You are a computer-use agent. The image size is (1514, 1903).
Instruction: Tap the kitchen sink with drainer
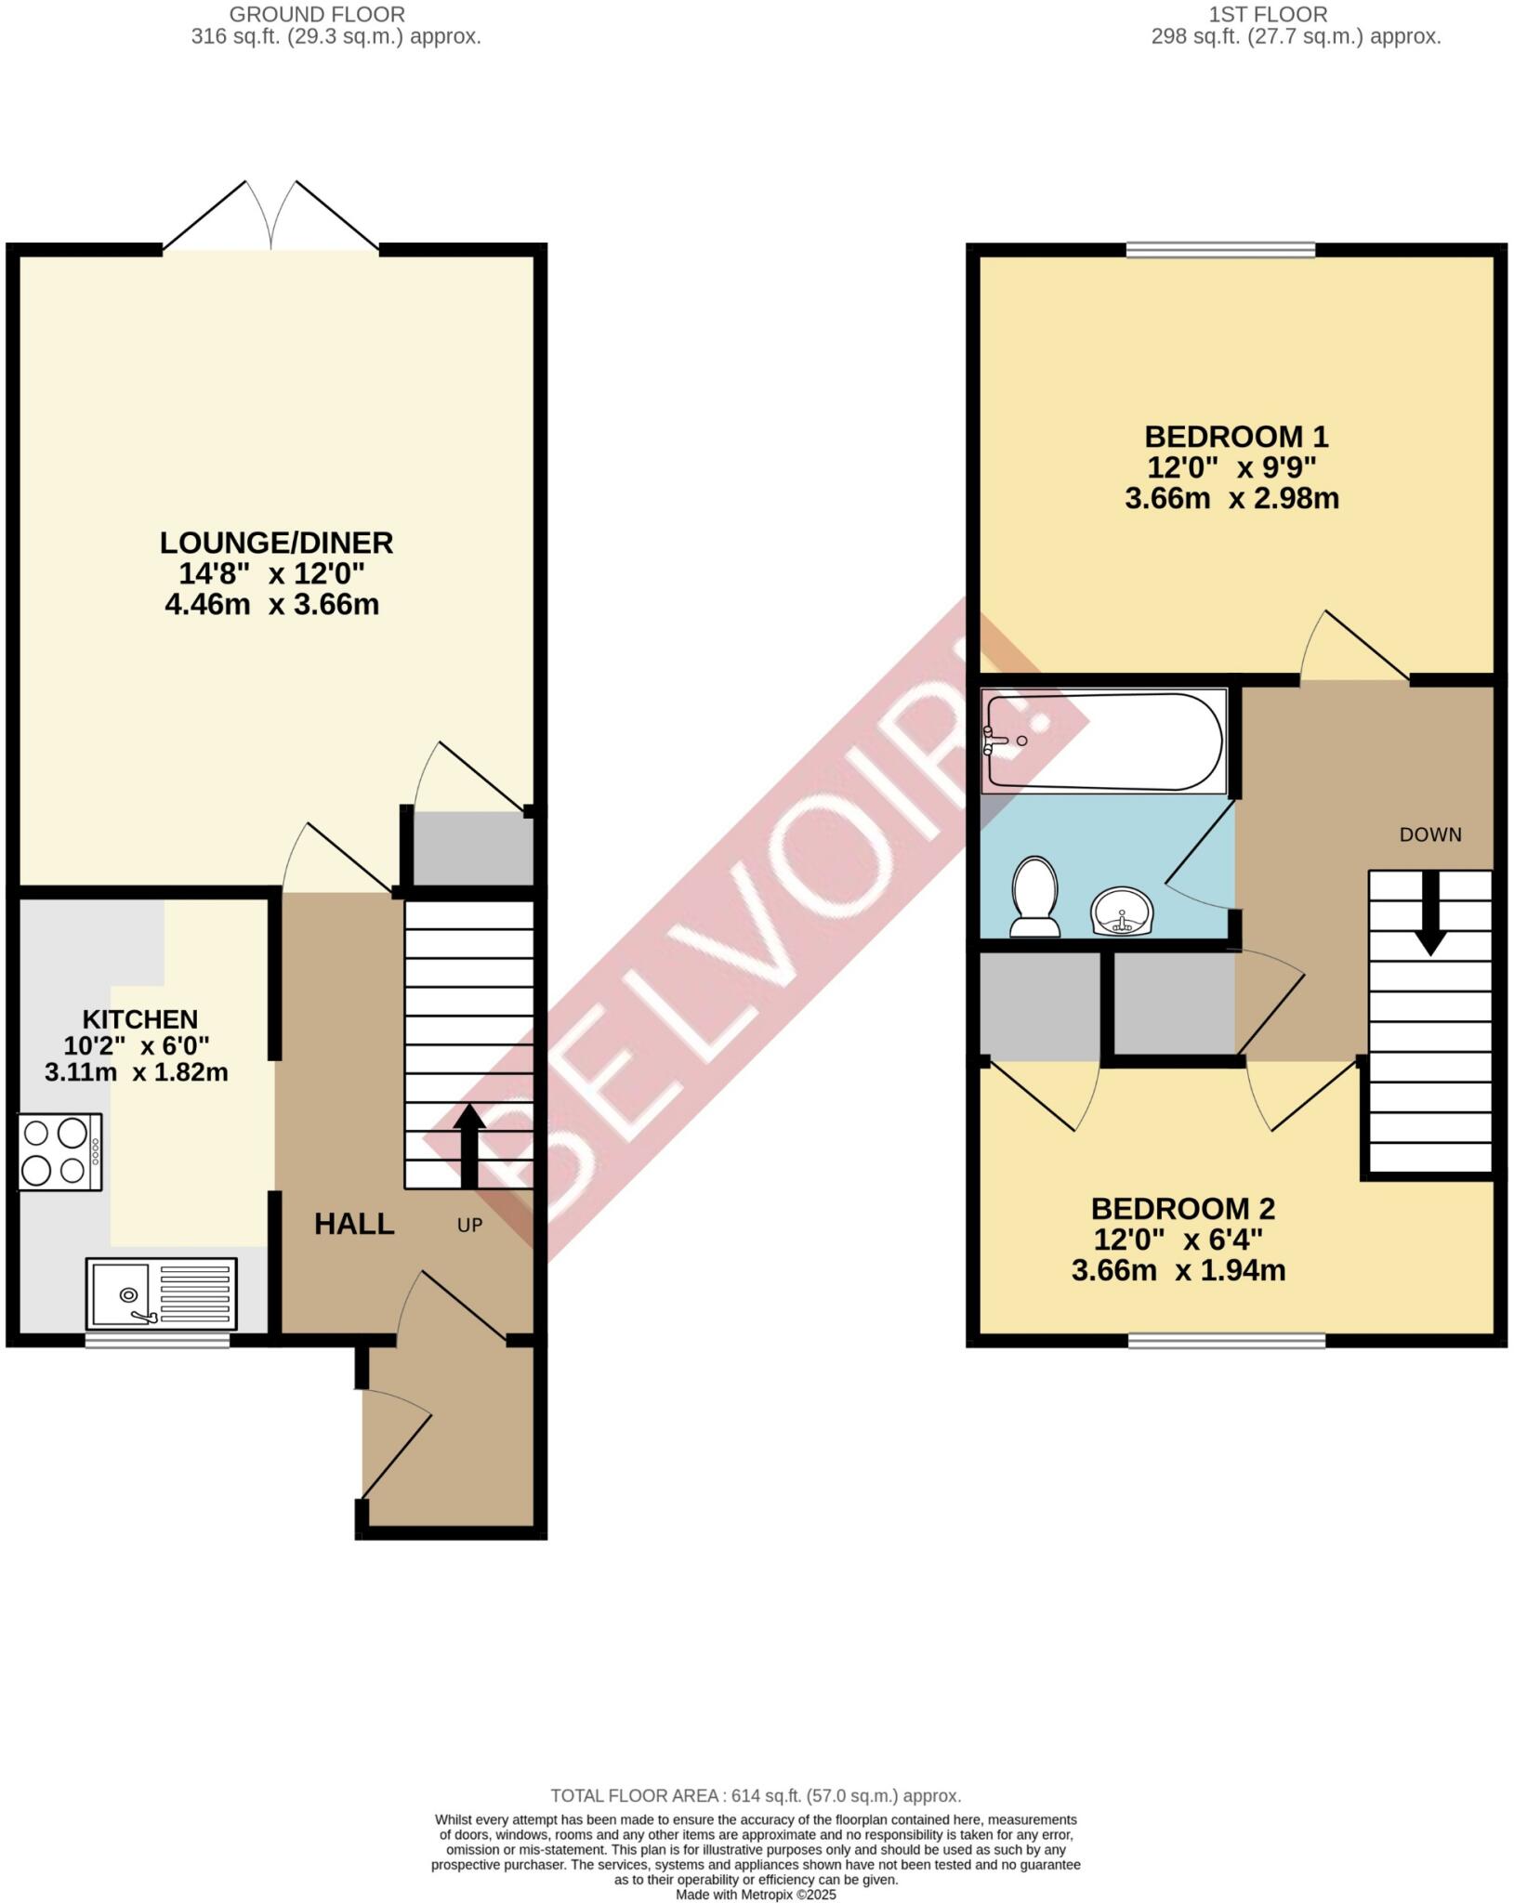161,1293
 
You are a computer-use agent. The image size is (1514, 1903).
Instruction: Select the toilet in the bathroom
1035,898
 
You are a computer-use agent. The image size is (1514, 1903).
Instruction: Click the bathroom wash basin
1122,911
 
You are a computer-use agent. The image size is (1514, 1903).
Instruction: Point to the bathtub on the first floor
1104,742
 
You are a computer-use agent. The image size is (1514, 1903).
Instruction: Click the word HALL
354,1224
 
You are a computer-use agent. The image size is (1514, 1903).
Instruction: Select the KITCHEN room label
140,1018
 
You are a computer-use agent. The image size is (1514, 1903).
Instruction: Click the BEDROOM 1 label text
1235,436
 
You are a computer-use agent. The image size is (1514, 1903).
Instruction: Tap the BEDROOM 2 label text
1182,1209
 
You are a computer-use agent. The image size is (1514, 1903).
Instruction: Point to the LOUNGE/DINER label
276,542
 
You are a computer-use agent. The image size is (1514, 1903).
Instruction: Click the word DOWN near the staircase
1430,834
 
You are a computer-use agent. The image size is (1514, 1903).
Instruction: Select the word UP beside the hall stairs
469,1226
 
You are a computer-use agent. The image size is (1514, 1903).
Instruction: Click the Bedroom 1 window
1221,249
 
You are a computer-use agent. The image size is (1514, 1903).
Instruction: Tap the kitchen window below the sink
157,1340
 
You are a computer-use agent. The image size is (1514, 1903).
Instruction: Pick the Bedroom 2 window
1227,1340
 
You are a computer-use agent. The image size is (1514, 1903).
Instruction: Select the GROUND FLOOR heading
317,15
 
